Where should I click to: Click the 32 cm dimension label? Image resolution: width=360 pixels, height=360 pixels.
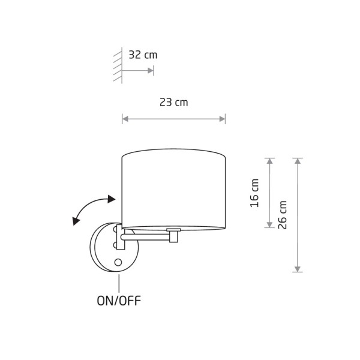click(143, 55)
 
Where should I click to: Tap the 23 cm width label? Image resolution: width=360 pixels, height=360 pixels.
click(174, 102)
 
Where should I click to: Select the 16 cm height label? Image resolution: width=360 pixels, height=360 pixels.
click(254, 193)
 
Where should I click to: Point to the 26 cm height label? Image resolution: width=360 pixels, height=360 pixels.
click(283, 215)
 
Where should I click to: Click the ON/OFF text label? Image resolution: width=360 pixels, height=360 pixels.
click(119, 301)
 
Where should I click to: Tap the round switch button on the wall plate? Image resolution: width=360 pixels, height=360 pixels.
click(118, 262)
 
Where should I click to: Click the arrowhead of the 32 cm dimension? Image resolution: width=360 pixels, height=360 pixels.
click(151, 70)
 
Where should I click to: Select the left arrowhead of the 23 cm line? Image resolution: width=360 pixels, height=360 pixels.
click(125, 119)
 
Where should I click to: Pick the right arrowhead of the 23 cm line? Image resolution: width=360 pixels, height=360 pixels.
click(222, 119)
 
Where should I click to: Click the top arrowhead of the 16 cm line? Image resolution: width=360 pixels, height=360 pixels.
click(270, 161)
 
